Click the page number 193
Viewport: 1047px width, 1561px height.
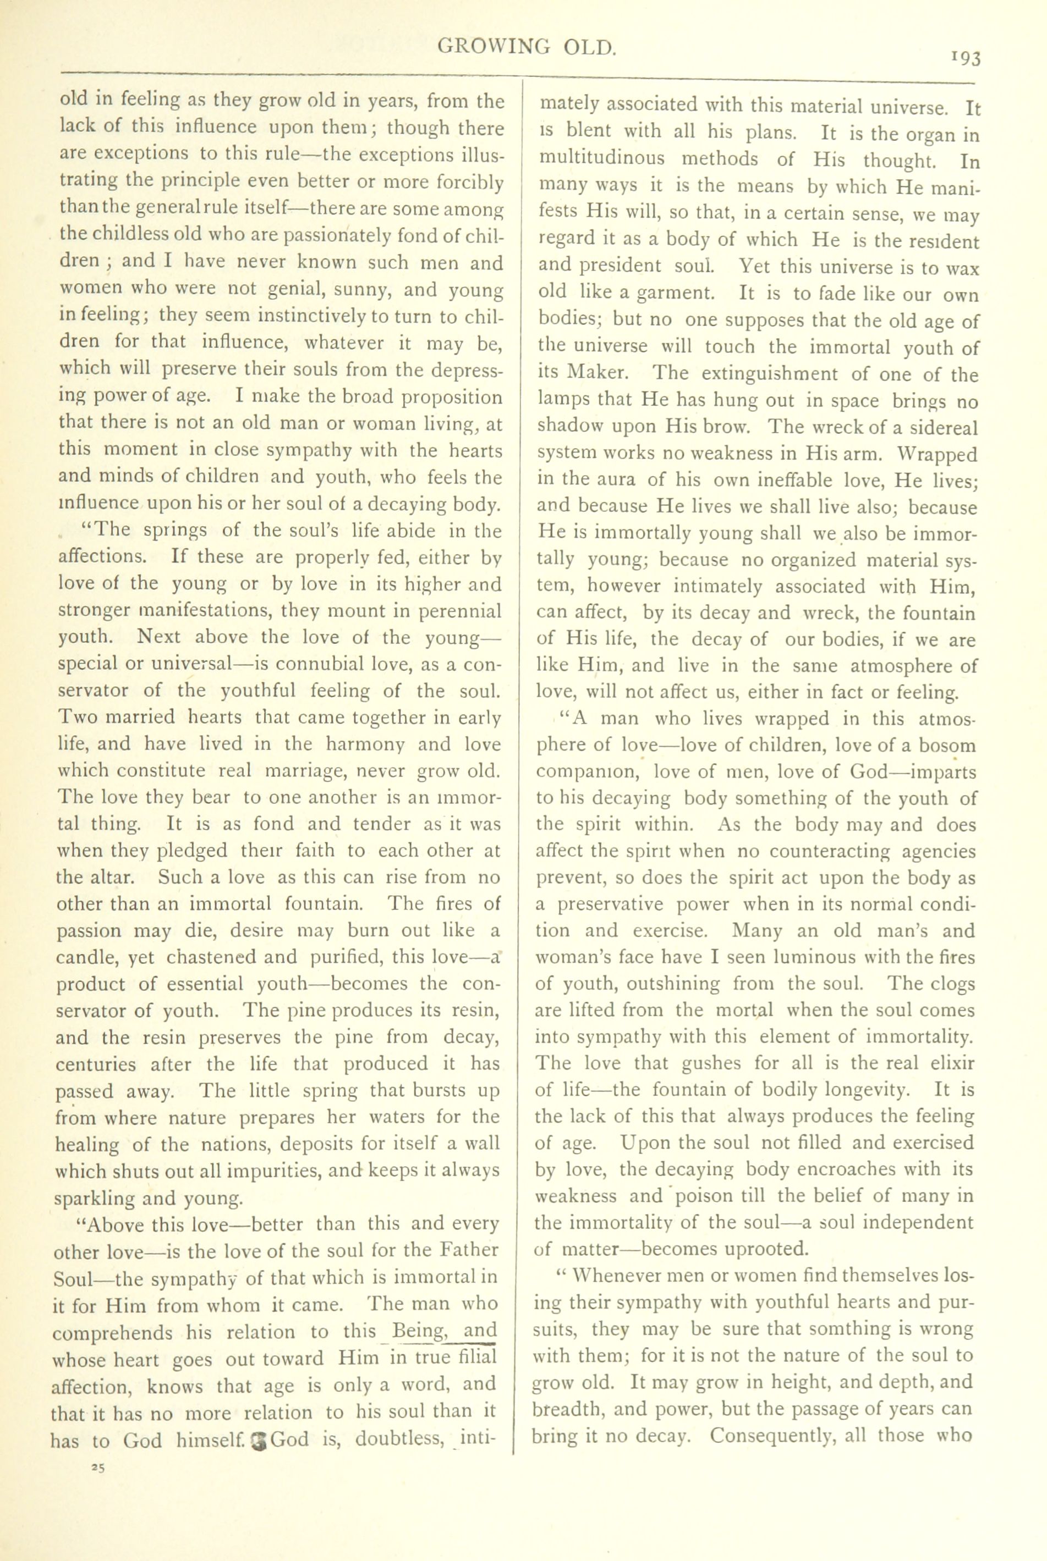(966, 59)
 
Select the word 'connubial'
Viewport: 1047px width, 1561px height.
(328, 665)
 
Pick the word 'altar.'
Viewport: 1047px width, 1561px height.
(98, 877)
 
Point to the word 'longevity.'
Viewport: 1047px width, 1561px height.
(868, 1090)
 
